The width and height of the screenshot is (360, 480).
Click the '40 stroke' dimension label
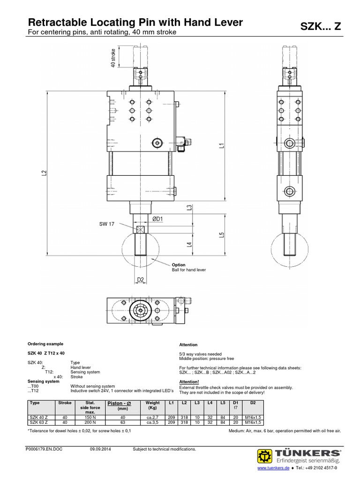point(112,58)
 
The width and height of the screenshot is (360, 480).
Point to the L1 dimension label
point(221,145)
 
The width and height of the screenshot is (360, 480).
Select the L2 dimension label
point(44,173)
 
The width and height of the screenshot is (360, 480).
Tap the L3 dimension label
point(189,208)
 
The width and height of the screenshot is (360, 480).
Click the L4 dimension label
point(189,244)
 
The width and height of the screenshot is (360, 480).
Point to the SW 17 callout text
point(106,224)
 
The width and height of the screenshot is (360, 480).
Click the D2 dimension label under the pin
point(141,280)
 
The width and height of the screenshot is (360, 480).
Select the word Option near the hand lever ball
point(179,265)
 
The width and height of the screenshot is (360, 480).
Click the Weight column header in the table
point(153,403)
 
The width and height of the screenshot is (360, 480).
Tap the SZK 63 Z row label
point(40,422)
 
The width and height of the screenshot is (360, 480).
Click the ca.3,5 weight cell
point(153,422)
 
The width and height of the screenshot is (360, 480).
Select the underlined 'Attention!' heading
point(189,382)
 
